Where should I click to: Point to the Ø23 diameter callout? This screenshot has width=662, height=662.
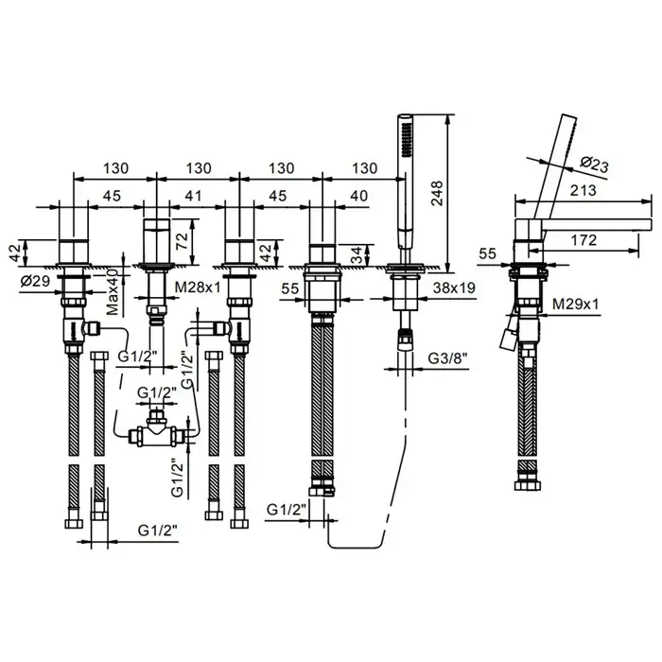tap(592, 165)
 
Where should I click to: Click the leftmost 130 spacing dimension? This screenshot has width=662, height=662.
tap(115, 167)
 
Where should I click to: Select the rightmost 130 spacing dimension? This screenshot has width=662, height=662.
tap(360, 167)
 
